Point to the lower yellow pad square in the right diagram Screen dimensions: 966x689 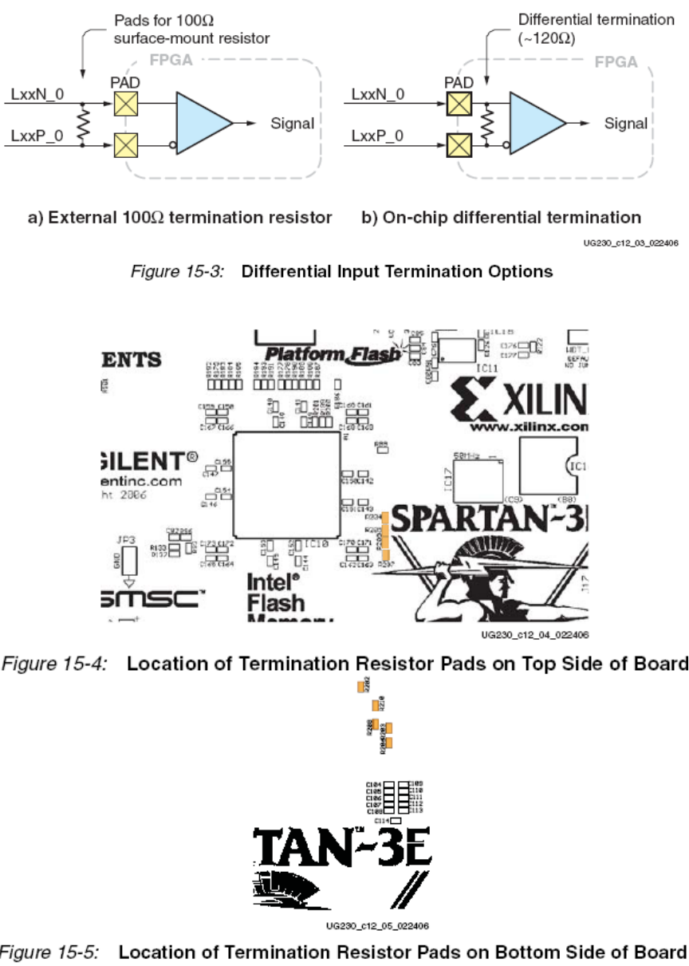[457, 145]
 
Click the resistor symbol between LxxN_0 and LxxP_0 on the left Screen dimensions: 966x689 [81, 124]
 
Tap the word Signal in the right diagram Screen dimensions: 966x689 [626, 124]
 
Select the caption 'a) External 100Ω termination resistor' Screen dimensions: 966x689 [190, 217]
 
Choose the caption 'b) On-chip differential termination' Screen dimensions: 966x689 [502, 217]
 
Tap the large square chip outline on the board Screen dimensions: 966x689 [285, 485]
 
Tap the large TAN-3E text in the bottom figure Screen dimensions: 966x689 [342, 849]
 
